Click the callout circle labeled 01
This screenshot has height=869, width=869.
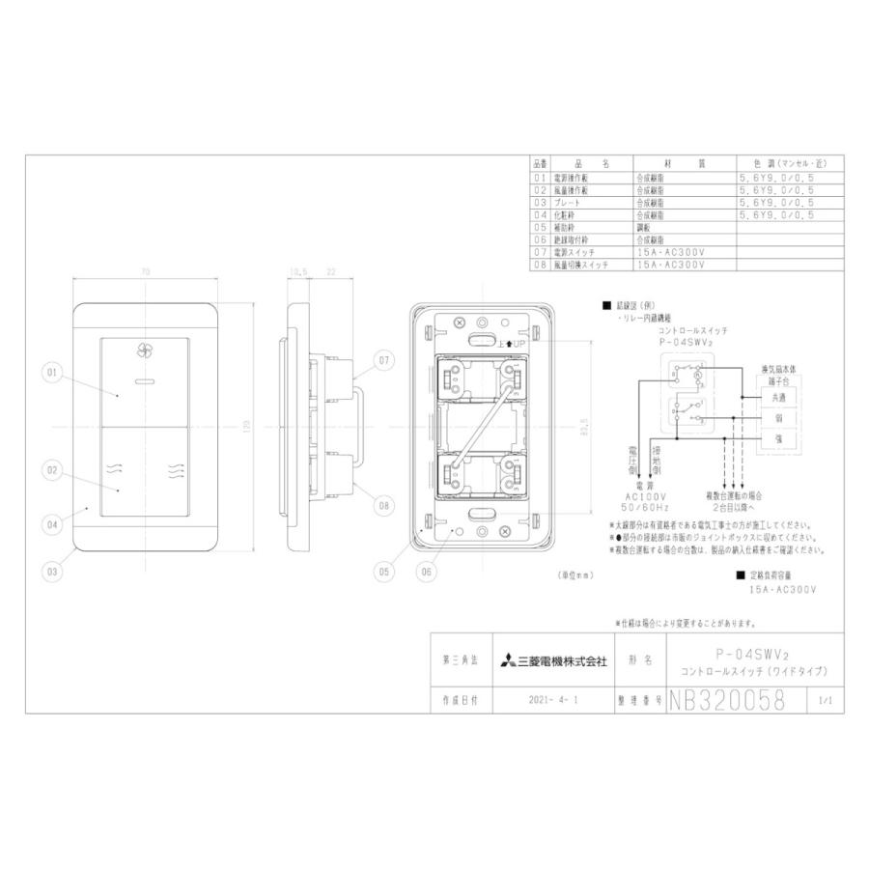click(51, 371)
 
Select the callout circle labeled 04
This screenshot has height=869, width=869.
click(51, 525)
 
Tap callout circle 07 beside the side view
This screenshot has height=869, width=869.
click(383, 359)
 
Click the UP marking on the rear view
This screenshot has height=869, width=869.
click(514, 343)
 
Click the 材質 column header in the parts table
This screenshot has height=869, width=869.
click(684, 163)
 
